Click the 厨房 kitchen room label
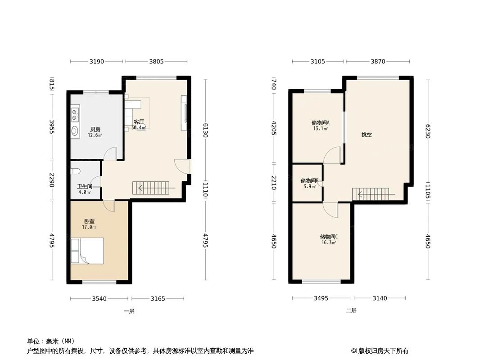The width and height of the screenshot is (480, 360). coord(95,130)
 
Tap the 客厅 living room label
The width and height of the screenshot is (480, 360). coord(139,122)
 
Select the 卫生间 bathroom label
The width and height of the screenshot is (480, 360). coord(84,186)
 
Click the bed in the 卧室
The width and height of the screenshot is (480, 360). coord(87,251)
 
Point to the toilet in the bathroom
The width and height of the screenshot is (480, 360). coord(75,171)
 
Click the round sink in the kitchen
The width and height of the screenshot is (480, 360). coord(75,131)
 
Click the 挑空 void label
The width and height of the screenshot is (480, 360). coord(367,135)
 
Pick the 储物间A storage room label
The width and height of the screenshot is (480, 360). coord(320,122)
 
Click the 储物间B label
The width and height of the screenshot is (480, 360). coord(309,181)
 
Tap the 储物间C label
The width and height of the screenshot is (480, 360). coord(329,237)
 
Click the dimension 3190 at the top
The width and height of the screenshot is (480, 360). coord(97,62)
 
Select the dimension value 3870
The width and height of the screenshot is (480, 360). coord(378,62)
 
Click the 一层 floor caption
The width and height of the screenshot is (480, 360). coord(129,310)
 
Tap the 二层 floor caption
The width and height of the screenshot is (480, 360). coord(351,310)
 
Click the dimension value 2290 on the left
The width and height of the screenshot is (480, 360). coord(52,180)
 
